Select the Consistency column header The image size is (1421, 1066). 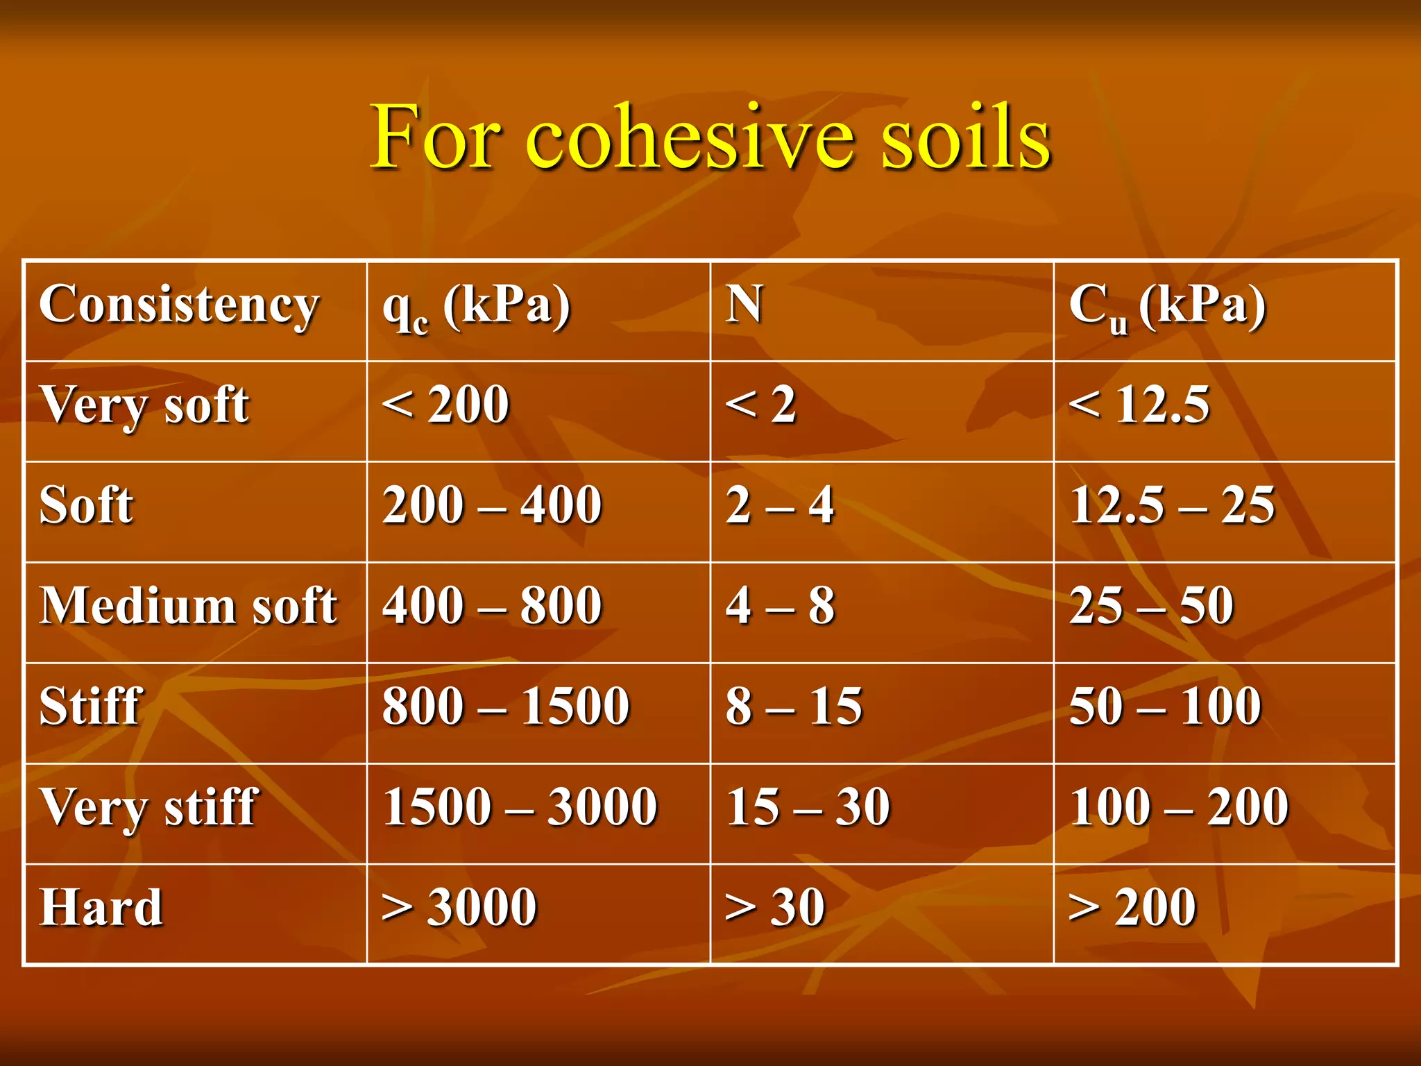click(179, 305)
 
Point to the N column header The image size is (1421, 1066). click(744, 305)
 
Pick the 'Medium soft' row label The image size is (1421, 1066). click(188, 606)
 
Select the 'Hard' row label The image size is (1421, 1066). click(101, 907)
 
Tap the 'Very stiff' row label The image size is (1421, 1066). click(148, 807)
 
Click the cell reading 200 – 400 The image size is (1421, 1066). click(492, 505)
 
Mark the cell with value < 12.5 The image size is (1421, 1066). click(1139, 405)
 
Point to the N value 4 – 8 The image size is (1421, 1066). click(780, 606)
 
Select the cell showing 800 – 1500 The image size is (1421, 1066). click(506, 707)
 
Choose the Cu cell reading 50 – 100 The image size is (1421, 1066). click(1165, 707)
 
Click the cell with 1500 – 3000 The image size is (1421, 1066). click(520, 807)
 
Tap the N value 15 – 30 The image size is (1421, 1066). click(808, 807)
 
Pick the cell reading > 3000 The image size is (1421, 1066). click(459, 907)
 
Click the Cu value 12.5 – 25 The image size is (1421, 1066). click(1172, 505)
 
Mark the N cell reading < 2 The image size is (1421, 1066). click(760, 405)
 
